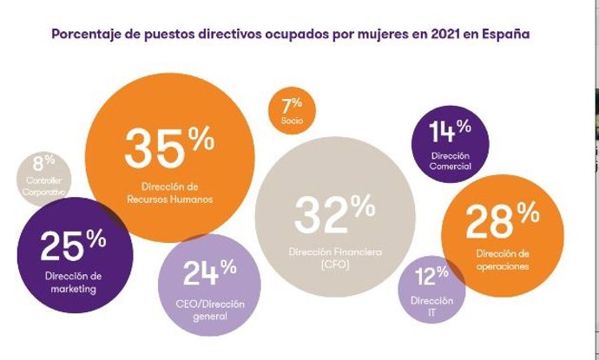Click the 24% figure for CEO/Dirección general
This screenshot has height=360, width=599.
click(209, 273)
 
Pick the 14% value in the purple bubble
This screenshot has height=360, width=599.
click(450, 131)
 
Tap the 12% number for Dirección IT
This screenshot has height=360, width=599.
click(431, 278)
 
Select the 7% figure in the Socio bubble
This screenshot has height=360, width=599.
click(292, 105)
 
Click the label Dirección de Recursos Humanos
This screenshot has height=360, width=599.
click(169, 192)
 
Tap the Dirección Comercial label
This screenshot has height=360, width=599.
click(451, 160)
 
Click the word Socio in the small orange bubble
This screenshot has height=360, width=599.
click(292, 121)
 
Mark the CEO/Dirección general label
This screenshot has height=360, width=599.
click(209, 311)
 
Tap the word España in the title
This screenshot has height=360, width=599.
click(507, 34)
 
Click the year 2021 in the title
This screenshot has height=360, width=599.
click(434, 34)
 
